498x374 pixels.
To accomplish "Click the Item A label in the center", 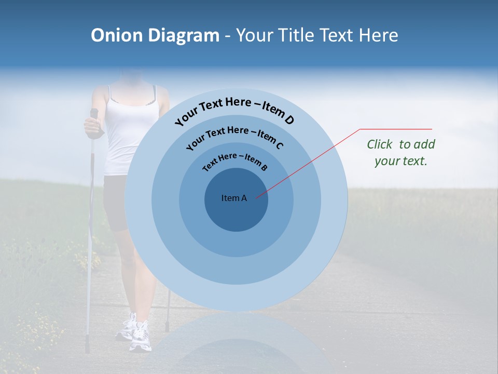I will coord(234,198).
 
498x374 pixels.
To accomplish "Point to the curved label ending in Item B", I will coord(234,162).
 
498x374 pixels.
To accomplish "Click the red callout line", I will coord(311,161).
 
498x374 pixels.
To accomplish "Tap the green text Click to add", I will coord(401,144).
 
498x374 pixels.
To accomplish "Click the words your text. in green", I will coord(401,161).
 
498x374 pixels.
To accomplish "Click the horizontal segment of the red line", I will coord(397,129).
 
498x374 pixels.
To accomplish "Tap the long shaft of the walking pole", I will coord(90,234).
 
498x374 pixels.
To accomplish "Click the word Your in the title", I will coord(256,35).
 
